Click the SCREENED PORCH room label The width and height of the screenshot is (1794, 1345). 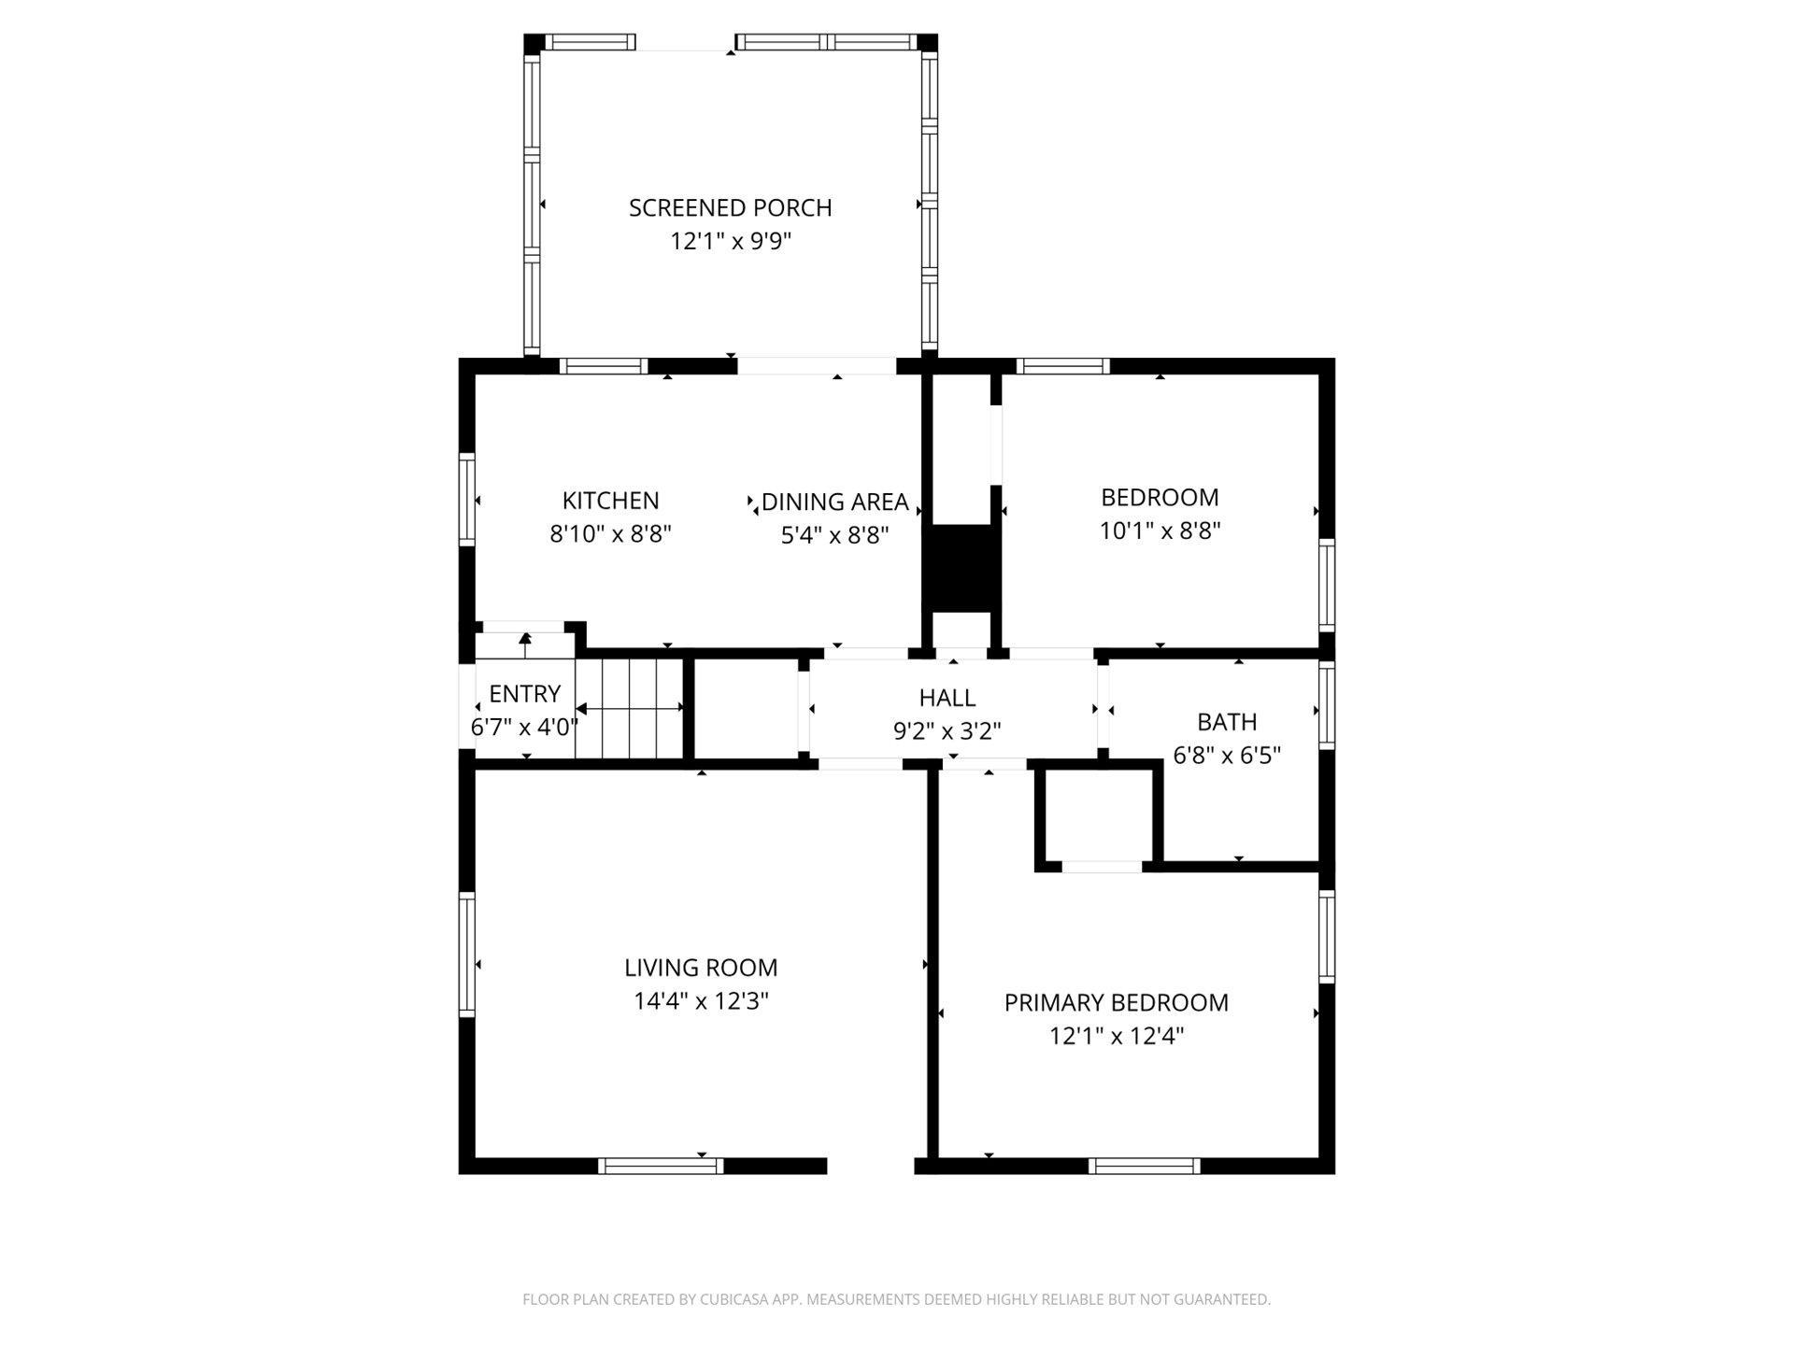(x=730, y=207)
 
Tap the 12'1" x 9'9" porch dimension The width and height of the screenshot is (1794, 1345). (x=730, y=241)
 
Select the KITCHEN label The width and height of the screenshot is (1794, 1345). (x=610, y=501)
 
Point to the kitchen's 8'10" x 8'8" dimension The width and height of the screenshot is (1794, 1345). (x=610, y=534)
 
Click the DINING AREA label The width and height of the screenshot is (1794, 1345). (x=834, y=503)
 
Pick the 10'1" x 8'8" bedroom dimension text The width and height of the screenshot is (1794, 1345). (x=1160, y=531)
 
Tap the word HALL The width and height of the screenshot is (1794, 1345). (x=947, y=698)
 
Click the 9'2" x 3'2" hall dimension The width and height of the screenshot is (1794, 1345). (x=947, y=730)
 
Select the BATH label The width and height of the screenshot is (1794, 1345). (x=1227, y=722)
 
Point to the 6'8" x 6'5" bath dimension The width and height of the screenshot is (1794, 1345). (x=1227, y=755)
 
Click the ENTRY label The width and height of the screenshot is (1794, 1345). (x=524, y=693)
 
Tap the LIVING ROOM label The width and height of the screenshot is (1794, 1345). (x=701, y=968)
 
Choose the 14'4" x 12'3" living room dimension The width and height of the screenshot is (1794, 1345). (x=701, y=1001)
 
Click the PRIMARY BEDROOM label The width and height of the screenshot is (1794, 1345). (x=1116, y=1002)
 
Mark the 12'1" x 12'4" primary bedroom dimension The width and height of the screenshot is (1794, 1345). (x=1116, y=1036)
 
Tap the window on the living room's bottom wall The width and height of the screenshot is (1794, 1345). (x=661, y=1166)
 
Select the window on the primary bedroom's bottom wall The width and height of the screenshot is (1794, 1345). (x=1144, y=1166)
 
